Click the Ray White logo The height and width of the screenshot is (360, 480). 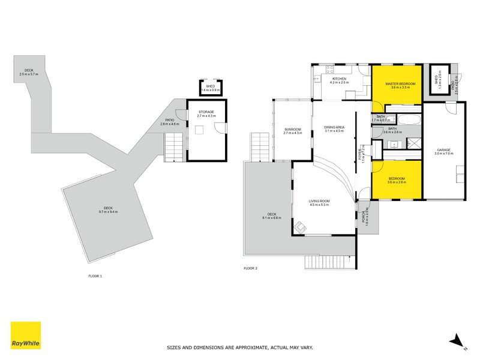[26, 335]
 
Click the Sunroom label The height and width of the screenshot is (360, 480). [292, 131]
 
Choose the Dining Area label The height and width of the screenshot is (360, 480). [334, 128]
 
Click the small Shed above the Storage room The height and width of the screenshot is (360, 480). [211, 87]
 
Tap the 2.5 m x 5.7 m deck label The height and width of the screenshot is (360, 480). [28, 72]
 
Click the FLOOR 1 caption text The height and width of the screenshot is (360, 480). [95, 276]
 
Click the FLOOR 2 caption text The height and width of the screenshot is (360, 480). [250, 268]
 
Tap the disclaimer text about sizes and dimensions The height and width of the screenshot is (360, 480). [239, 347]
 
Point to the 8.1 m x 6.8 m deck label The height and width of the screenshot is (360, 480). [272, 217]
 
